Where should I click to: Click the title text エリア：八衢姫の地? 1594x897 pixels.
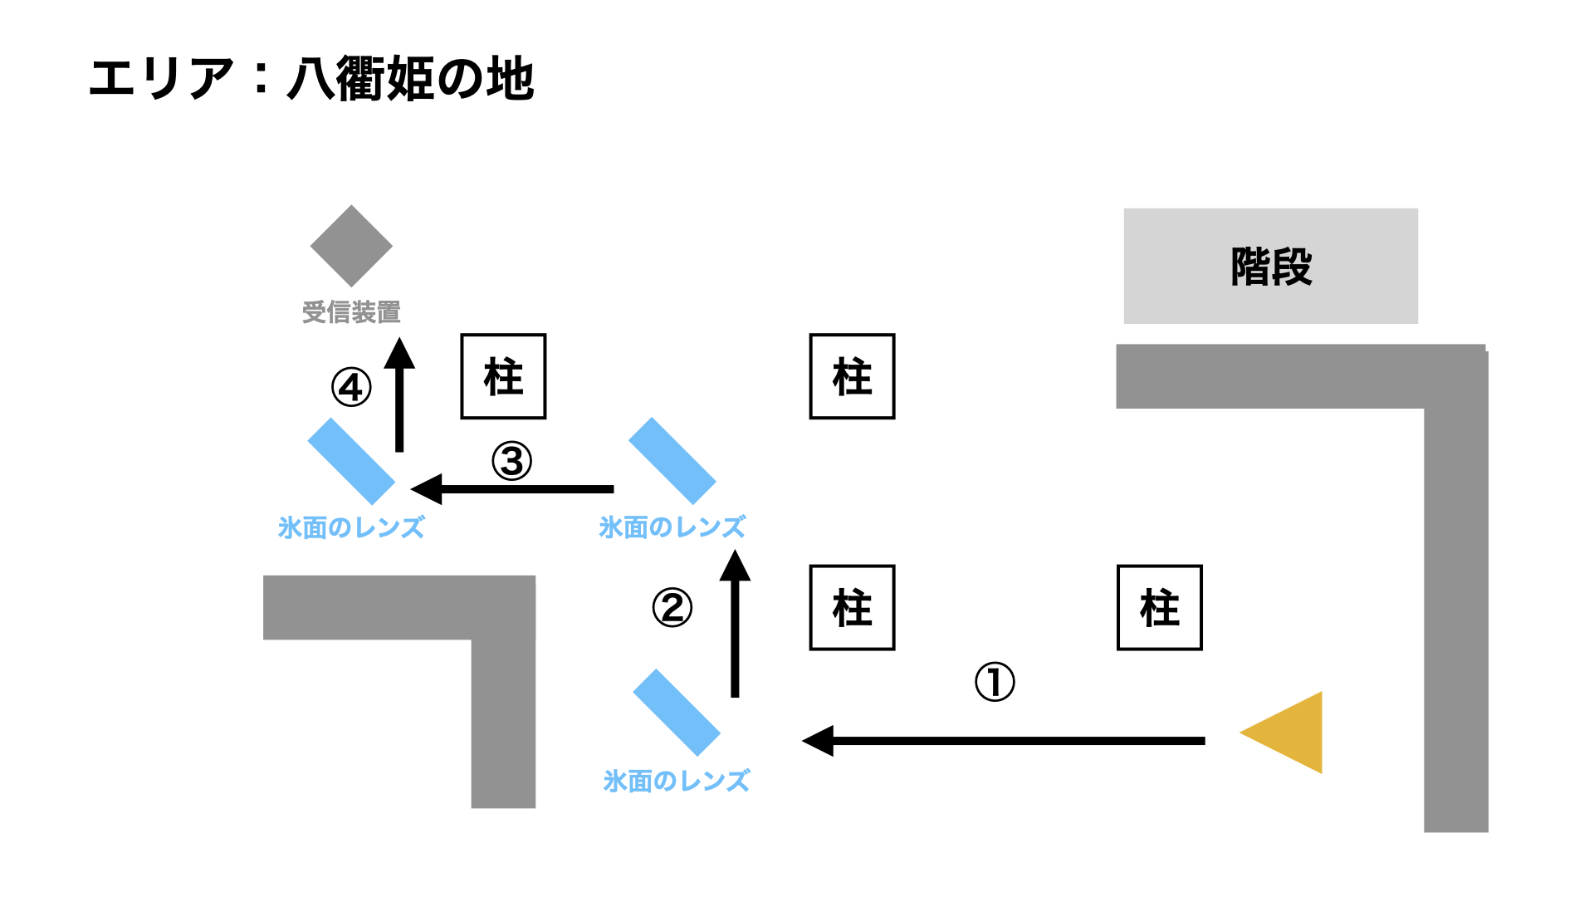[311, 79]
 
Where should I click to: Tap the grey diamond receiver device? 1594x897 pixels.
[351, 246]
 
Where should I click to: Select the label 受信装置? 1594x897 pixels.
[351, 312]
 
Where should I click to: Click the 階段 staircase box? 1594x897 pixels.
[1270, 266]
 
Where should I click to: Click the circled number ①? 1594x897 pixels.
[994, 682]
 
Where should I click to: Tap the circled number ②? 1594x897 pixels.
[672, 608]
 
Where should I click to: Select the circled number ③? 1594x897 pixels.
[511, 461]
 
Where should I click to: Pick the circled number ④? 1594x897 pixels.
[351, 387]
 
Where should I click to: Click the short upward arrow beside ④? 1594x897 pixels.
[399, 395]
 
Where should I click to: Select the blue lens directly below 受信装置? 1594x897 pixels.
[351, 461]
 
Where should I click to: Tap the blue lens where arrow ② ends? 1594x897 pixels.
[672, 461]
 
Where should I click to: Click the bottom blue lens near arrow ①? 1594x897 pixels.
[676, 713]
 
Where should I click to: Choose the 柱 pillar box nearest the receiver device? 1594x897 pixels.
[503, 376]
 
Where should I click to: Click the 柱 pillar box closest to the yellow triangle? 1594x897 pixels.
[1159, 607]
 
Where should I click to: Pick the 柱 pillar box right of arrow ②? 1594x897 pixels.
[852, 607]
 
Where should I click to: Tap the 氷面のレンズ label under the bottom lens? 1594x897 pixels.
[676, 781]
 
